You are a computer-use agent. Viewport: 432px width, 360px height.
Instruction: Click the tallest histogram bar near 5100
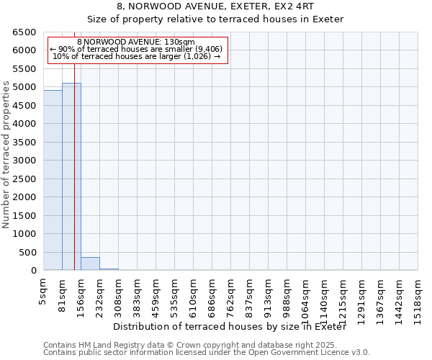(x=71, y=176)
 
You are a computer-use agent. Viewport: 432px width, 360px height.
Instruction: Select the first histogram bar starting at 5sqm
(x=53, y=180)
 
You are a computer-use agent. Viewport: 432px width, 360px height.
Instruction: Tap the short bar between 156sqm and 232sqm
(x=90, y=264)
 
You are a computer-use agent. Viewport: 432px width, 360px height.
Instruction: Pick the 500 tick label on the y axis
(x=28, y=253)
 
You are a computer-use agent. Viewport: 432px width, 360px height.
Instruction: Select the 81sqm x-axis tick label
(x=63, y=294)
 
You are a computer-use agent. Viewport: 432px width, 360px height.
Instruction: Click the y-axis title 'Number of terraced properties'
(x=7, y=155)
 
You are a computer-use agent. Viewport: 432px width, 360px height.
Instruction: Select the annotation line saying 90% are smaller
(x=137, y=49)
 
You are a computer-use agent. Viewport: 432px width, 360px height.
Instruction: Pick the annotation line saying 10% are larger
(x=137, y=56)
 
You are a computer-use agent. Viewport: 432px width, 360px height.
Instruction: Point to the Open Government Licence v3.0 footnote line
(x=207, y=353)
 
